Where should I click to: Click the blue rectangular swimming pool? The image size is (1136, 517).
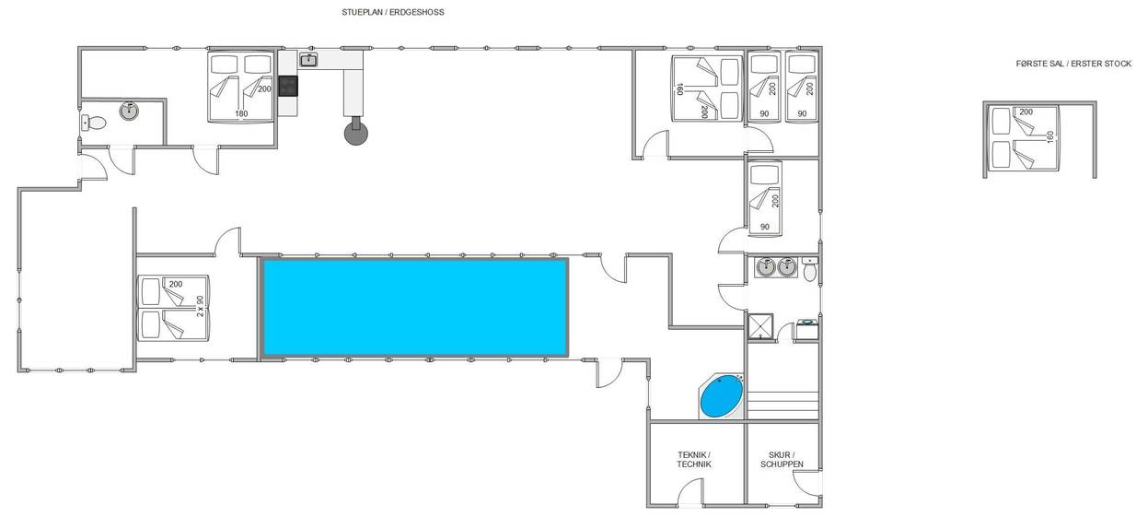415,307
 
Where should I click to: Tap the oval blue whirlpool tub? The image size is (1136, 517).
722,396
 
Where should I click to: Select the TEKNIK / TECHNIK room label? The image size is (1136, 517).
694,460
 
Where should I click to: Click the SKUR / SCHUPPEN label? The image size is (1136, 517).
782,460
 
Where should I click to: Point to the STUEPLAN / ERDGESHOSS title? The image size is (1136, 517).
392,12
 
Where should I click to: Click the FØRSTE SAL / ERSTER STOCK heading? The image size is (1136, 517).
1073,64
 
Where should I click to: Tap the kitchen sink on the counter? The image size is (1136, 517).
308,60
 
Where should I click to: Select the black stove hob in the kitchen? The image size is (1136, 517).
288,86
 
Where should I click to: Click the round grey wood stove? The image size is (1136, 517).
356,133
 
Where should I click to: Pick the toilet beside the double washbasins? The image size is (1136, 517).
810,270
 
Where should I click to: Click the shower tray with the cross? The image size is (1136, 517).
760,326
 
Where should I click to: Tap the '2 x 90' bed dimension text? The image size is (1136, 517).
200,306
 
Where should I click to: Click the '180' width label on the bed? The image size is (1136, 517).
241,113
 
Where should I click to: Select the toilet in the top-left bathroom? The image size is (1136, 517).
93,123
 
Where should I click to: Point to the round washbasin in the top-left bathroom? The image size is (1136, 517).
129,112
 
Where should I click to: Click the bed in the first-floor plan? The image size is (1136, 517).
1025,137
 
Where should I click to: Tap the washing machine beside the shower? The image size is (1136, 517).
806,329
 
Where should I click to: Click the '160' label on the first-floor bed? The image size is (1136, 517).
1050,136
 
